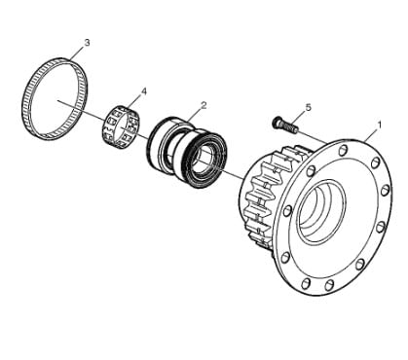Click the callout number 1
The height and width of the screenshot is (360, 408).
point(379,125)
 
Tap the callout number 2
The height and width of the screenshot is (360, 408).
point(204,105)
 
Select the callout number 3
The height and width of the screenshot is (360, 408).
point(87,43)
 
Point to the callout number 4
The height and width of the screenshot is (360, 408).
point(143,91)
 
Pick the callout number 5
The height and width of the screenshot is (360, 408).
point(308,107)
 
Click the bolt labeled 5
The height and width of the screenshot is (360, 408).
point(285,125)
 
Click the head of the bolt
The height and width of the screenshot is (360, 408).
point(277,122)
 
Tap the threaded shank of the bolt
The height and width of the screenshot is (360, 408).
point(290,126)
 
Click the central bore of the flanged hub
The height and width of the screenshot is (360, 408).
point(321,211)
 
